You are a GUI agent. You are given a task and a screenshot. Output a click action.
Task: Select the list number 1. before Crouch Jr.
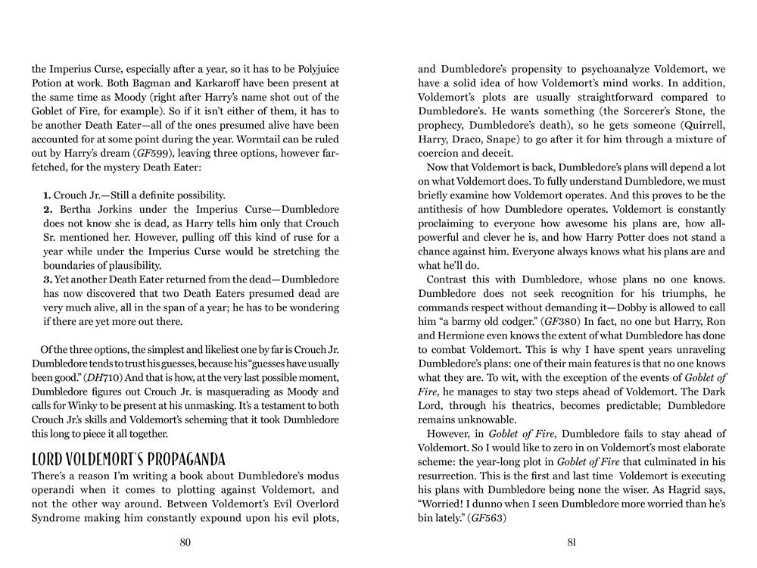click(x=47, y=195)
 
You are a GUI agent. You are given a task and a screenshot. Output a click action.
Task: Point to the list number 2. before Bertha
click(x=48, y=209)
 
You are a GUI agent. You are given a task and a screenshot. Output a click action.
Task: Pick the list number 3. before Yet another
click(x=47, y=279)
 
